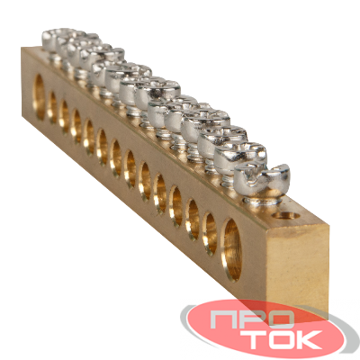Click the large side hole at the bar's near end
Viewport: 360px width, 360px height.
click(x=231, y=249)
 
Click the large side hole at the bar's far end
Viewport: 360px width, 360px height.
click(x=39, y=97)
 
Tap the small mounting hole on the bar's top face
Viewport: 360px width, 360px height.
click(x=287, y=215)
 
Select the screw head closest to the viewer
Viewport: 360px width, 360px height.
click(x=262, y=178)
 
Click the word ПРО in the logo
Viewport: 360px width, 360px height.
click(x=250, y=319)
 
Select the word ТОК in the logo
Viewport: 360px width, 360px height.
click(x=281, y=339)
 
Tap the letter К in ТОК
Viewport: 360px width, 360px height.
click(x=310, y=339)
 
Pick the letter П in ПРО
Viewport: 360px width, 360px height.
click(x=221, y=319)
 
